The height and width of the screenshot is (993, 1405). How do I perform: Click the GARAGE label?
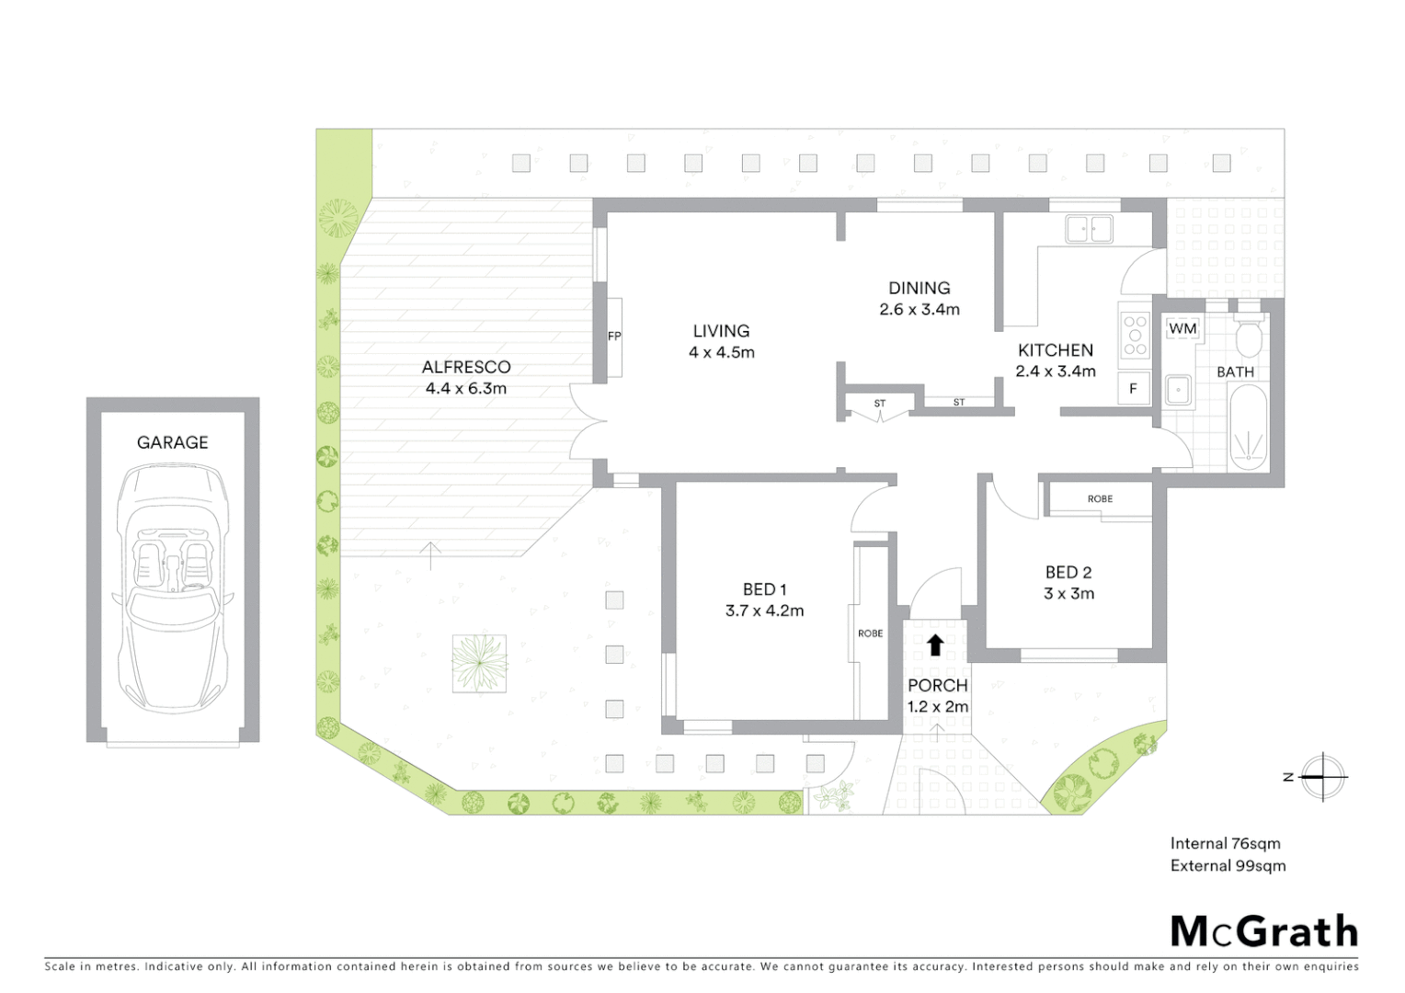tap(172, 442)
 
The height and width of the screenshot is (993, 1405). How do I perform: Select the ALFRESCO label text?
tap(466, 367)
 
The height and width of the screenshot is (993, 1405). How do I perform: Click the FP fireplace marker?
tap(614, 337)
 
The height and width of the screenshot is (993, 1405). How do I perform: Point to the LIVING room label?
tap(721, 331)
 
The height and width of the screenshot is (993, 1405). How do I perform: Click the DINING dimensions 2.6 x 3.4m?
tap(919, 310)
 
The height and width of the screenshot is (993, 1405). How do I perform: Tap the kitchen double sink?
tap(1089, 228)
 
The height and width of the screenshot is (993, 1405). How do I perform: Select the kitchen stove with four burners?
tap(1136, 336)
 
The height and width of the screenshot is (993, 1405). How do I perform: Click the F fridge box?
tap(1133, 389)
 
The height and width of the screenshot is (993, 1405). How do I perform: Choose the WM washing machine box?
tap(1182, 328)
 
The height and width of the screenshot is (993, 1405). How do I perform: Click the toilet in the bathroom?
tap(1249, 338)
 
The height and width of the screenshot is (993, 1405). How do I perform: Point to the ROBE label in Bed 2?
tap(1100, 499)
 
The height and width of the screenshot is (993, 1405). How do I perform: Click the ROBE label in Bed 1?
tap(870, 633)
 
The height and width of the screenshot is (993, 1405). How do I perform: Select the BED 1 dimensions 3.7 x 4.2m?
tap(764, 611)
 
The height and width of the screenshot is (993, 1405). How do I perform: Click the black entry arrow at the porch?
tap(935, 645)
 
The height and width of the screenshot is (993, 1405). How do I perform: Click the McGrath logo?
tap(1263, 931)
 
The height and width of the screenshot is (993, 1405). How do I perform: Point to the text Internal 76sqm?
tap(1225, 843)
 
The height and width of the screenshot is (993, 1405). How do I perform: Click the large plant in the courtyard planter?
tap(478, 663)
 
